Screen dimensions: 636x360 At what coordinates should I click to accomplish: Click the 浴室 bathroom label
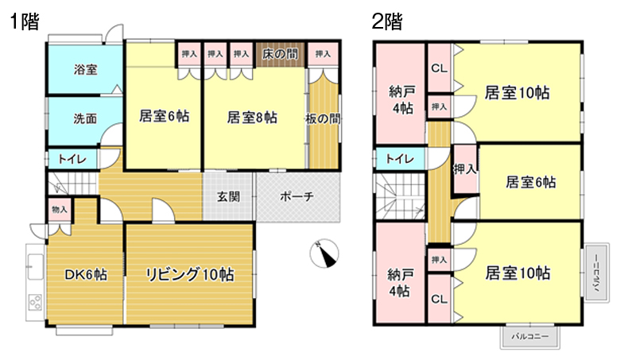tap(86, 69)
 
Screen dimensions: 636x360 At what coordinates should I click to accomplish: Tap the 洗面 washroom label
tap(85, 118)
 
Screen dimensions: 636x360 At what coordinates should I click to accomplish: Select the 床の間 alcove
tap(280, 54)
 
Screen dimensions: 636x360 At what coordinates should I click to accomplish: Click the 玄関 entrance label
tap(228, 196)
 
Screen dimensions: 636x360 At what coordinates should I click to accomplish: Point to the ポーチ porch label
tap(297, 196)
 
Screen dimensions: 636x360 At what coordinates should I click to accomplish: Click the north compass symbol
tap(324, 254)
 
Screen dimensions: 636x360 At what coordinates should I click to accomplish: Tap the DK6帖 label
tap(86, 275)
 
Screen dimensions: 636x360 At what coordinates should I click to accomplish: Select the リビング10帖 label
tap(190, 274)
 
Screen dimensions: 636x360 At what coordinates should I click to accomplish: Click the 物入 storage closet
tap(60, 210)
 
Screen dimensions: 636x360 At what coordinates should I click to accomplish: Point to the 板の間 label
tap(323, 118)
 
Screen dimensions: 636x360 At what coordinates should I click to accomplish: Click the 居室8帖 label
tap(252, 118)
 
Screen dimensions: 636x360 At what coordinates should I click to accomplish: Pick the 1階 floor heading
tap(25, 21)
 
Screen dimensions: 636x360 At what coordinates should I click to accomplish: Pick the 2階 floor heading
tap(387, 21)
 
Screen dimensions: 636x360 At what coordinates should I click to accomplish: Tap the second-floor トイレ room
tap(400, 159)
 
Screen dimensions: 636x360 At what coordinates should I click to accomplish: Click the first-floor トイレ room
tap(72, 159)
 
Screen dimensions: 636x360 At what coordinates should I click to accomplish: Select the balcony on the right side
tap(597, 273)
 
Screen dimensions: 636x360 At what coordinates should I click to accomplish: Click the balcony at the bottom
tap(529, 337)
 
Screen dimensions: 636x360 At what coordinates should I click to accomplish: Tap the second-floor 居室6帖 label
tap(530, 183)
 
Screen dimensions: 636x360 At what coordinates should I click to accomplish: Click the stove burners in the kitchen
tap(35, 303)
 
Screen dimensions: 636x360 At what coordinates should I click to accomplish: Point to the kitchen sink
tap(35, 266)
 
